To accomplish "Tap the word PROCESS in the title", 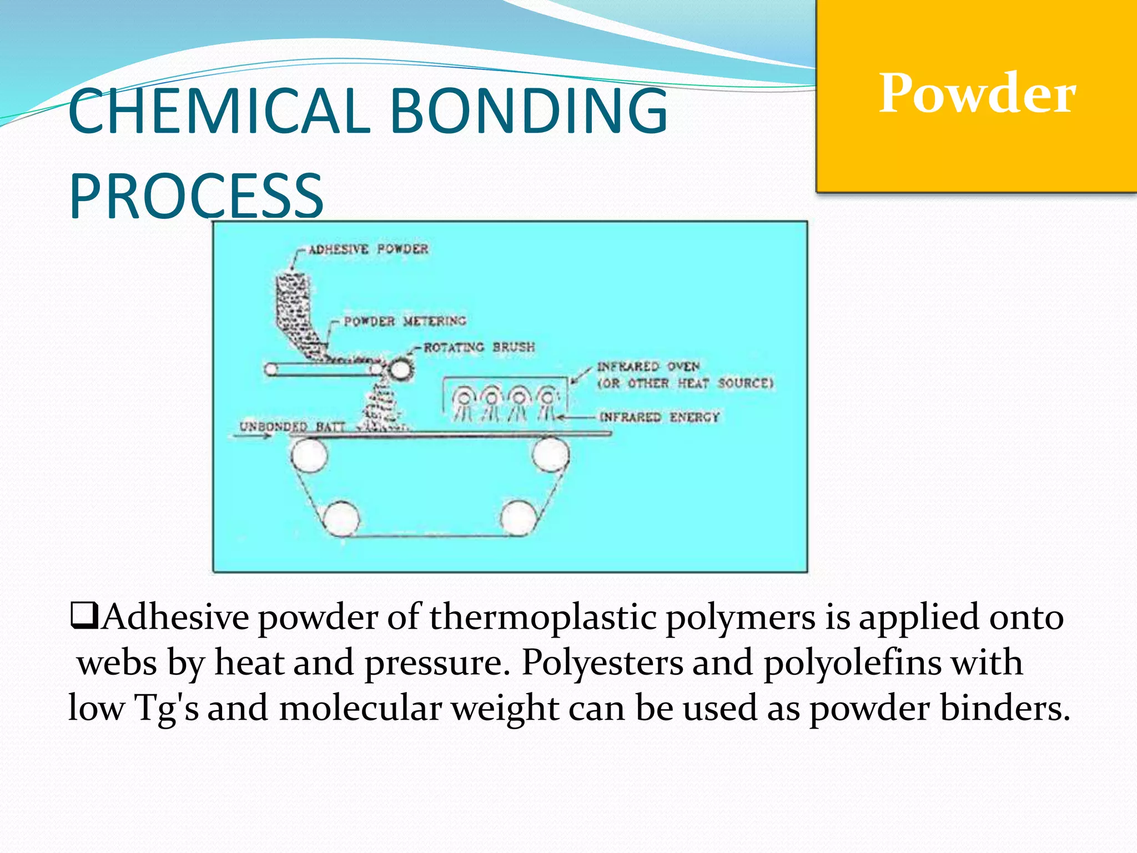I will (196, 196).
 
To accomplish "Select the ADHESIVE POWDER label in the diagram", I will (369, 249).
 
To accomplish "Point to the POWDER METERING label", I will (405, 321).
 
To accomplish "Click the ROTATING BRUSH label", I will (479, 348).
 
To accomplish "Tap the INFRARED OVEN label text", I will (648, 367).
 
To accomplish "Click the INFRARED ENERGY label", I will (660, 417).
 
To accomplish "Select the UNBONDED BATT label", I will (292, 426).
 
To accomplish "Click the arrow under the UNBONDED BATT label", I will (253, 436).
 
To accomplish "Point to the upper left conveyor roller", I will (309, 454).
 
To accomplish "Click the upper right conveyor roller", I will (550, 454).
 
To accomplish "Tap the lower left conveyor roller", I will (341, 518).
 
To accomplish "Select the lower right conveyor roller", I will (518, 518).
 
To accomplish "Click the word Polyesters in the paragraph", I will (602, 663).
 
